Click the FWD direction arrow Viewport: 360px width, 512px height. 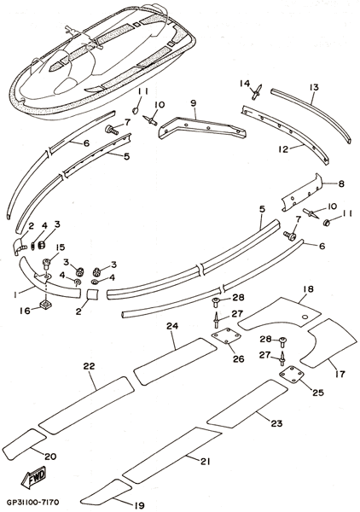point(33,478)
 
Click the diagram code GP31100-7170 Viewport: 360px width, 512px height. point(32,501)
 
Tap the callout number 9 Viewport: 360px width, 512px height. point(194,103)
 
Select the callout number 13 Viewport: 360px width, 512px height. point(314,88)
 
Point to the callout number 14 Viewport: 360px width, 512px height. point(245,84)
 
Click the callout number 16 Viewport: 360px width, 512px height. point(25,311)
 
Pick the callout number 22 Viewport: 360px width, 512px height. point(89,366)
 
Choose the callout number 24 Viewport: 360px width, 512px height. point(172,326)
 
